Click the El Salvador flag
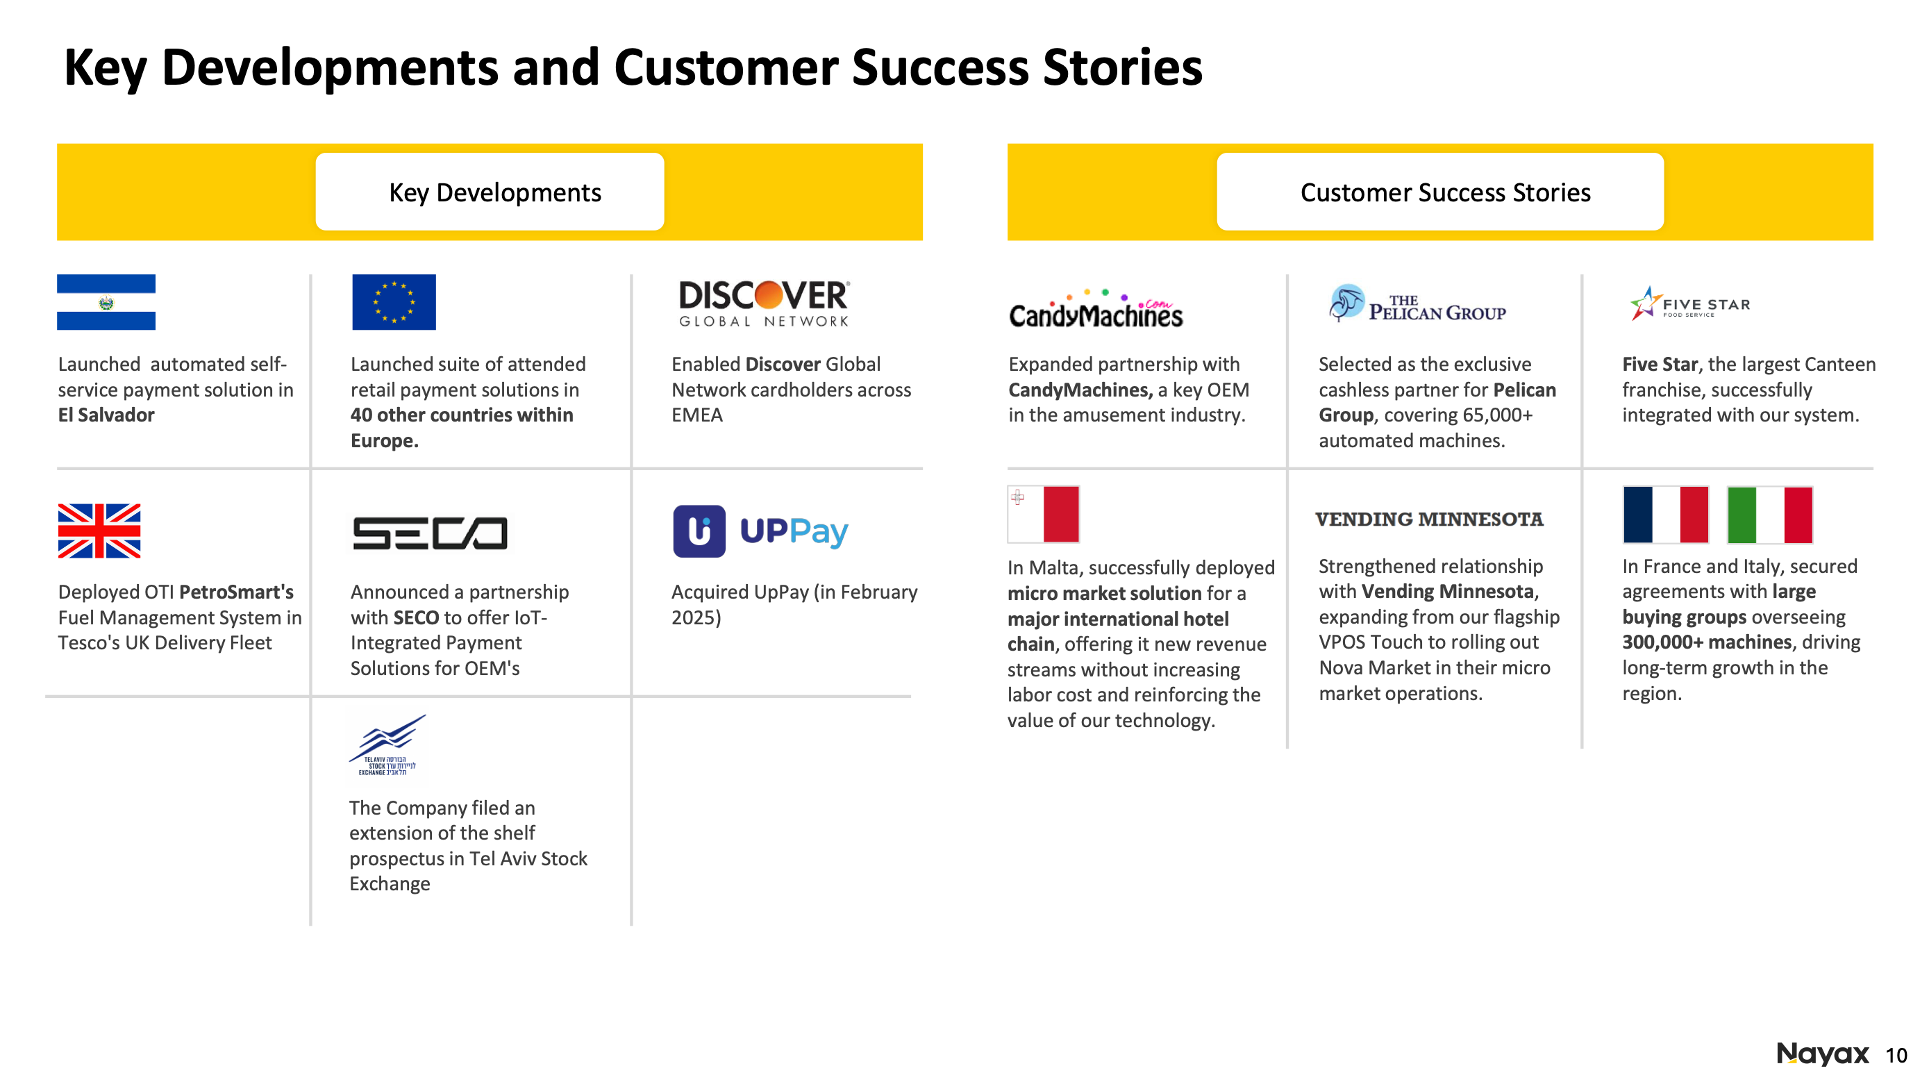click(x=106, y=302)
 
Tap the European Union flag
click(x=394, y=302)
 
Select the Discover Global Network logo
click(x=764, y=303)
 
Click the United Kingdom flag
click(x=99, y=531)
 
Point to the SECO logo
click(x=430, y=533)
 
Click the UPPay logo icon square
click(x=699, y=531)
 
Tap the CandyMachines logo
click(x=1096, y=310)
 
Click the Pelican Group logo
click(x=1417, y=304)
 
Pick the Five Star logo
click(x=1690, y=304)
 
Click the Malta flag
click(x=1043, y=515)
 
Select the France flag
click(x=1665, y=515)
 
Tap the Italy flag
click(x=1769, y=515)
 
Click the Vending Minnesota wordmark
click(x=1429, y=519)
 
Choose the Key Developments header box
click(x=490, y=192)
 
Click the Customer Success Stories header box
click(x=1440, y=192)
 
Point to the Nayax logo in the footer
click(x=1823, y=1054)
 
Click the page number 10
click(x=1896, y=1056)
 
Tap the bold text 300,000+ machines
click(x=1707, y=642)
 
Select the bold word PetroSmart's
click(x=236, y=592)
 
